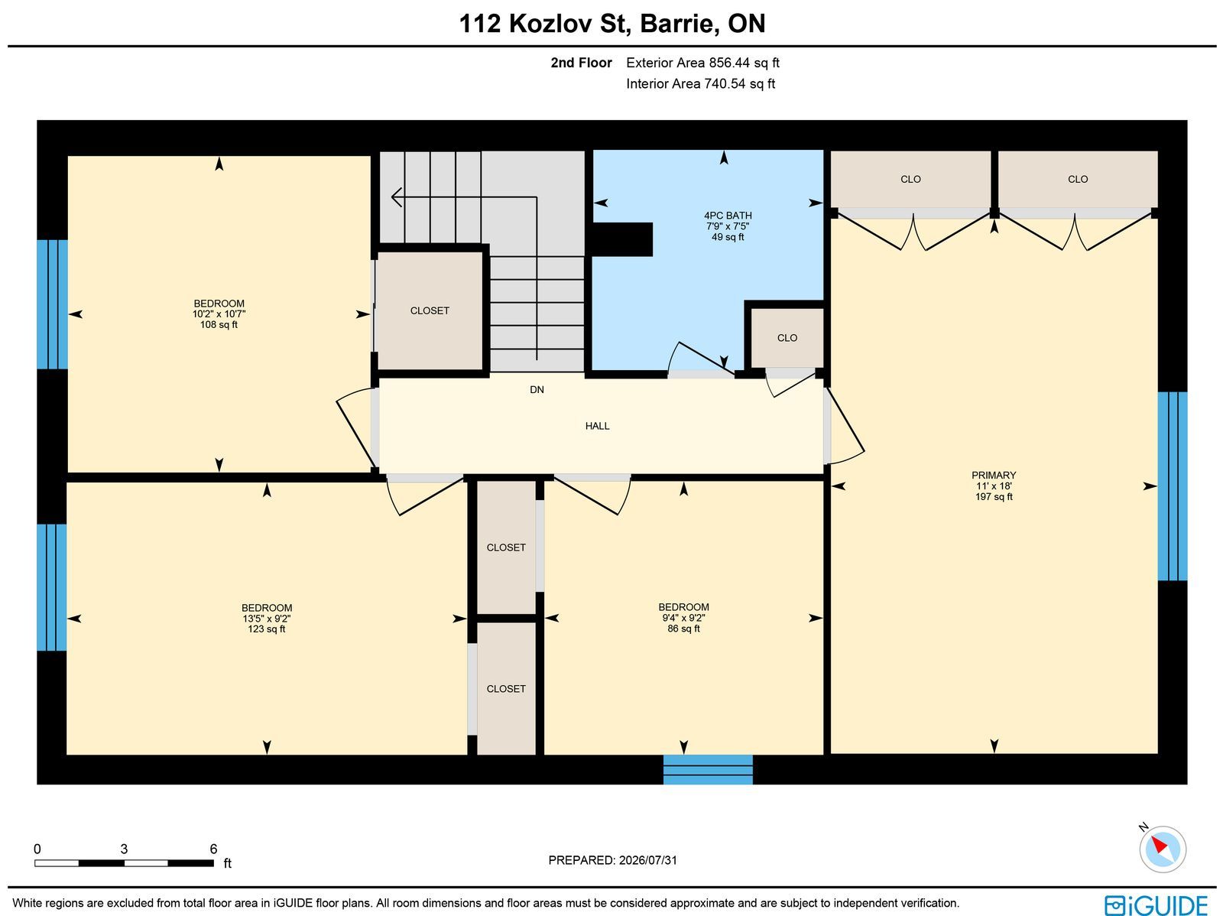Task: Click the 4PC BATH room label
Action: coord(728,216)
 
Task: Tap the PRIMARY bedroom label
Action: coord(994,476)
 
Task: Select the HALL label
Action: coord(597,426)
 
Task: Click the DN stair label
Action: coord(537,390)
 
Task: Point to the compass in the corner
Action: coord(1163,849)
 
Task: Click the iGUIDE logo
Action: coord(1156,905)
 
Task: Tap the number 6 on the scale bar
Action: coord(213,849)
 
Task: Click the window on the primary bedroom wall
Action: coord(1173,486)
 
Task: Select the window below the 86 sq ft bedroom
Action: coord(708,769)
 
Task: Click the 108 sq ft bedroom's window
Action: coord(53,304)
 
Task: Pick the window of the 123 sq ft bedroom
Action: coord(52,587)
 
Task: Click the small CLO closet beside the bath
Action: coord(787,338)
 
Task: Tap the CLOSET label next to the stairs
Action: coord(430,311)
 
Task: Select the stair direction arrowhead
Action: coord(396,197)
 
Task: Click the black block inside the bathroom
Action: coord(621,239)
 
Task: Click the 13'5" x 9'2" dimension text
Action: coord(266,619)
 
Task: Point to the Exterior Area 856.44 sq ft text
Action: coord(702,63)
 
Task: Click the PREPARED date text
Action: coord(612,860)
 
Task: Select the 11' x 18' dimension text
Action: coord(994,486)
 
